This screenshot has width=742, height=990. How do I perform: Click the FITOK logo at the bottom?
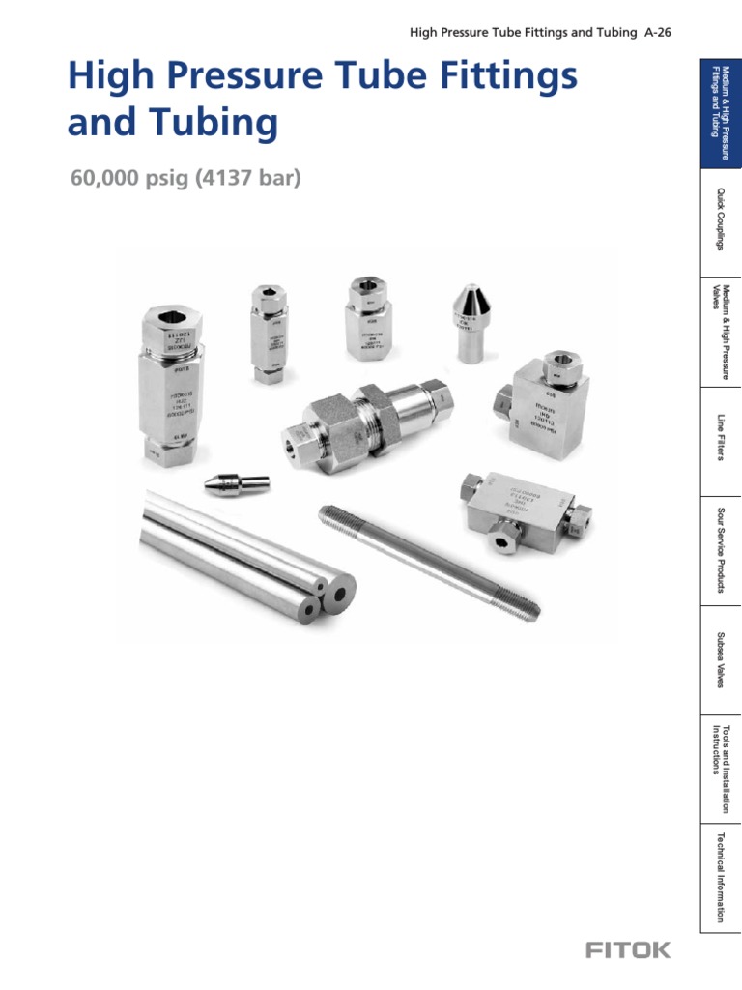(x=627, y=949)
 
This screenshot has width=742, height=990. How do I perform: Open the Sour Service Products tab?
(x=720, y=551)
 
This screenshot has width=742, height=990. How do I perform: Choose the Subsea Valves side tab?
(x=720, y=661)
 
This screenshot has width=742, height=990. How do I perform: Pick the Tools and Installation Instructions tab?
(x=720, y=770)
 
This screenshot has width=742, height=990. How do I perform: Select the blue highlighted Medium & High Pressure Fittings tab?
(x=720, y=111)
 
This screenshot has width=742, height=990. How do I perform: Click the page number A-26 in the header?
(x=657, y=32)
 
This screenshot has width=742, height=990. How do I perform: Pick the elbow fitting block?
(x=542, y=401)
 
